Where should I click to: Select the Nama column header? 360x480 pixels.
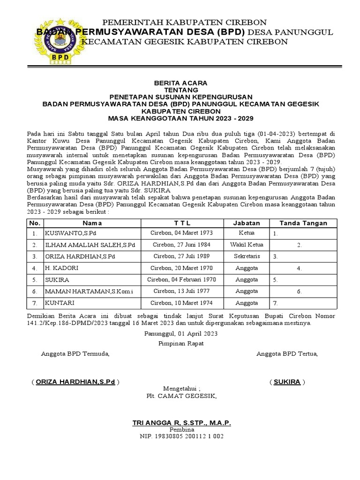click(x=92, y=223)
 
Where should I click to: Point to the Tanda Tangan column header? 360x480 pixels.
click(x=303, y=223)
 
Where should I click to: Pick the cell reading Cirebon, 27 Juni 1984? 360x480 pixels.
click(x=180, y=245)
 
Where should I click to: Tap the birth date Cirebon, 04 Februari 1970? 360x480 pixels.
click(x=180, y=280)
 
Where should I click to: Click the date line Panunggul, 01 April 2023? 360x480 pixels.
click(x=180, y=334)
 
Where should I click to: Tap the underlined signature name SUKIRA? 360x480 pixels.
click(x=287, y=382)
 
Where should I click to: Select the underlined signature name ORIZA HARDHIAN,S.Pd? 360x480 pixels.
click(x=75, y=382)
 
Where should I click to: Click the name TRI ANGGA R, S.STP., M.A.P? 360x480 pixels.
click(x=181, y=423)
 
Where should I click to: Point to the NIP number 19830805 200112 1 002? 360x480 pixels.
click(x=181, y=436)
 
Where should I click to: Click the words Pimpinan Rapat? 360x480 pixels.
click(x=180, y=344)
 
